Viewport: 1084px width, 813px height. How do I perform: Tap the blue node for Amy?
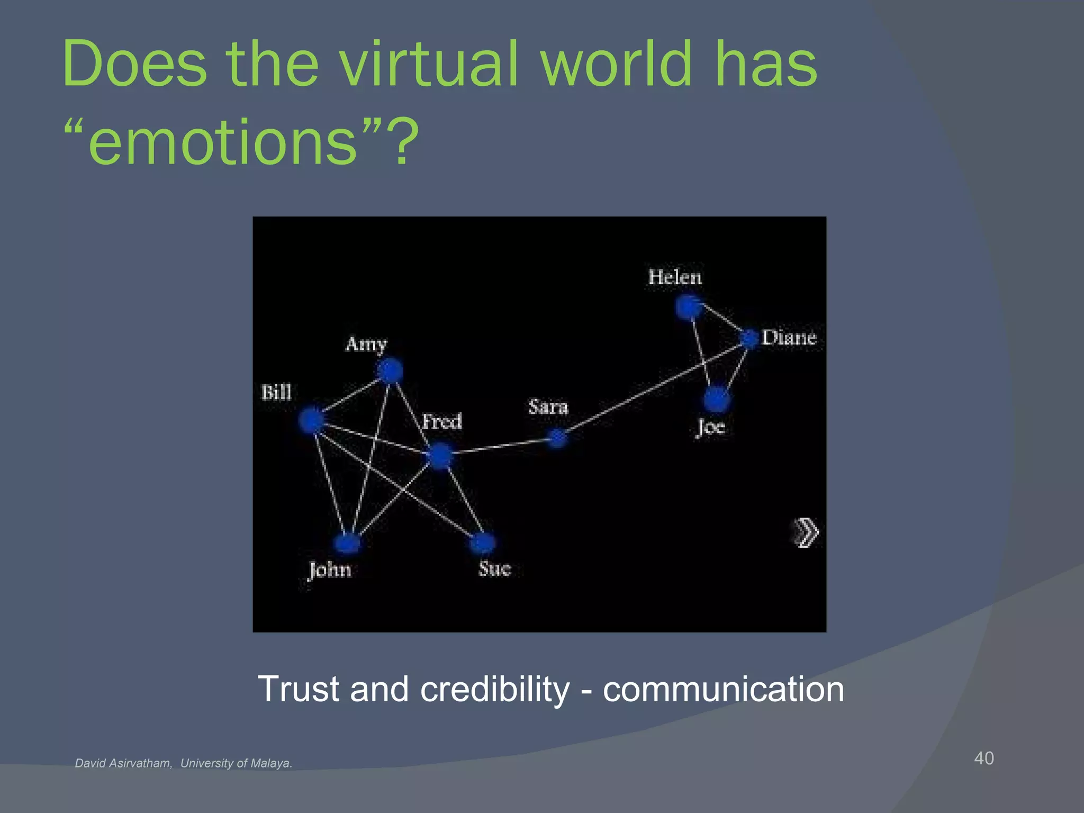[391, 371]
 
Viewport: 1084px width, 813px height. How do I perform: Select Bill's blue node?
[311, 420]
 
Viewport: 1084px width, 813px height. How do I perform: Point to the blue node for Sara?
[557, 438]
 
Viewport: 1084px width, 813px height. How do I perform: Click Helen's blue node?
[689, 307]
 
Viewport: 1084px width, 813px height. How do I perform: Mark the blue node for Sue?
[482, 542]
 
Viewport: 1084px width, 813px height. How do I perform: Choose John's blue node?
[347, 543]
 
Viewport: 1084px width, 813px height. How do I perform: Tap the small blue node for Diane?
[749, 338]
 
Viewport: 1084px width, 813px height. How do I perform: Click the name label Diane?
[789, 338]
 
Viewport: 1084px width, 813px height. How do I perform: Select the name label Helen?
[675, 277]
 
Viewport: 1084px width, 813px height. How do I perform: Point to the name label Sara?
[548, 406]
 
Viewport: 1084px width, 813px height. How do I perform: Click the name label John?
[330, 571]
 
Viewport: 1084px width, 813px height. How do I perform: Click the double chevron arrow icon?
[806, 532]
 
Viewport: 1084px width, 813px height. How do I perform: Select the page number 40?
[983, 758]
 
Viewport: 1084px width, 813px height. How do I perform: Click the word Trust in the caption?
[298, 689]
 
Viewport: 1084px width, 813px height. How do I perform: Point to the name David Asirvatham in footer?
[123, 763]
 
